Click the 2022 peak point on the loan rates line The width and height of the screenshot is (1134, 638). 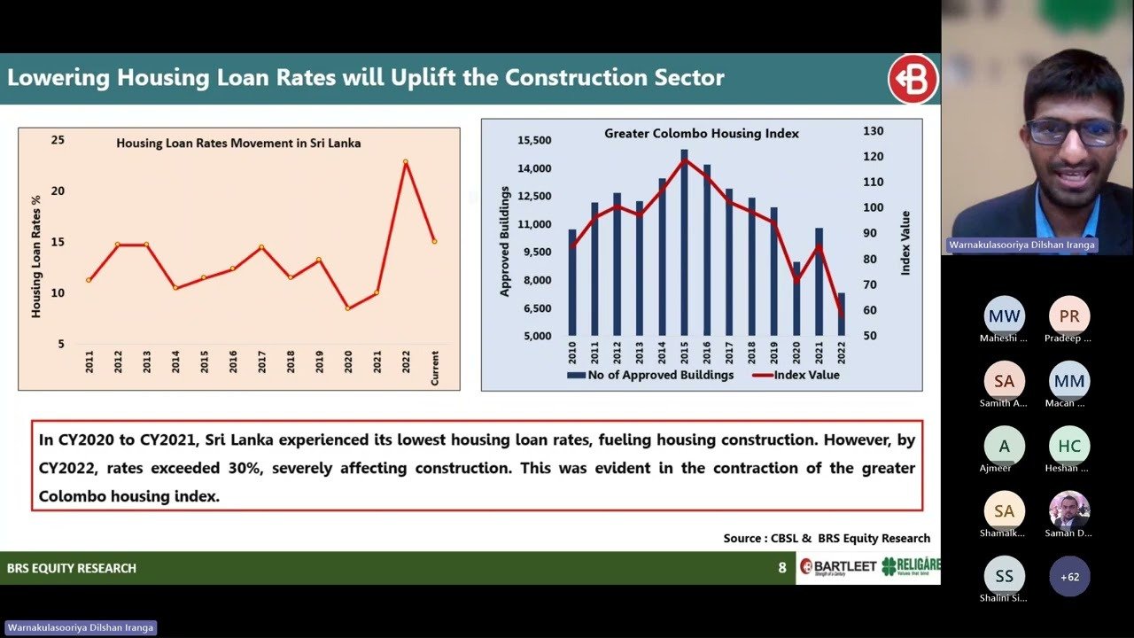(x=406, y=162)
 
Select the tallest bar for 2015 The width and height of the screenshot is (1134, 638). (x=684, y=242)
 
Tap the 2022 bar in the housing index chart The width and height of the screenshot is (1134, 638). (x=841, y=314)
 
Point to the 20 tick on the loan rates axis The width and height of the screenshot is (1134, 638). (x=58, y=191)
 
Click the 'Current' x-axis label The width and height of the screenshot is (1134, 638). (x=435, y=367)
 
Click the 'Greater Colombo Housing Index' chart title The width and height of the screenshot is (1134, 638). (x=702, y=134)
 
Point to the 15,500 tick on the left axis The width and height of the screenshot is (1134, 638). (x=535, y=140)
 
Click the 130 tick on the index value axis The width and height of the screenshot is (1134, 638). (x=873, y=131)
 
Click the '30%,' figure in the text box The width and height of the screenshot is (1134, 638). (x=245, y=468)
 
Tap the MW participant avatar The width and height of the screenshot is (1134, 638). (x=1004, y=316)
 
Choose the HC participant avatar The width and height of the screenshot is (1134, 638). (x=1069, y=446)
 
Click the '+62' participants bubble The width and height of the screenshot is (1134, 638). (x=1069, y=576)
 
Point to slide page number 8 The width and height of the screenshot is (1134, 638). (x=781, y=568)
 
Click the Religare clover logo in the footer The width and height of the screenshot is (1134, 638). (x=890, y=566)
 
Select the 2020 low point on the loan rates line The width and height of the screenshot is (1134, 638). (x=347, y=307)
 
